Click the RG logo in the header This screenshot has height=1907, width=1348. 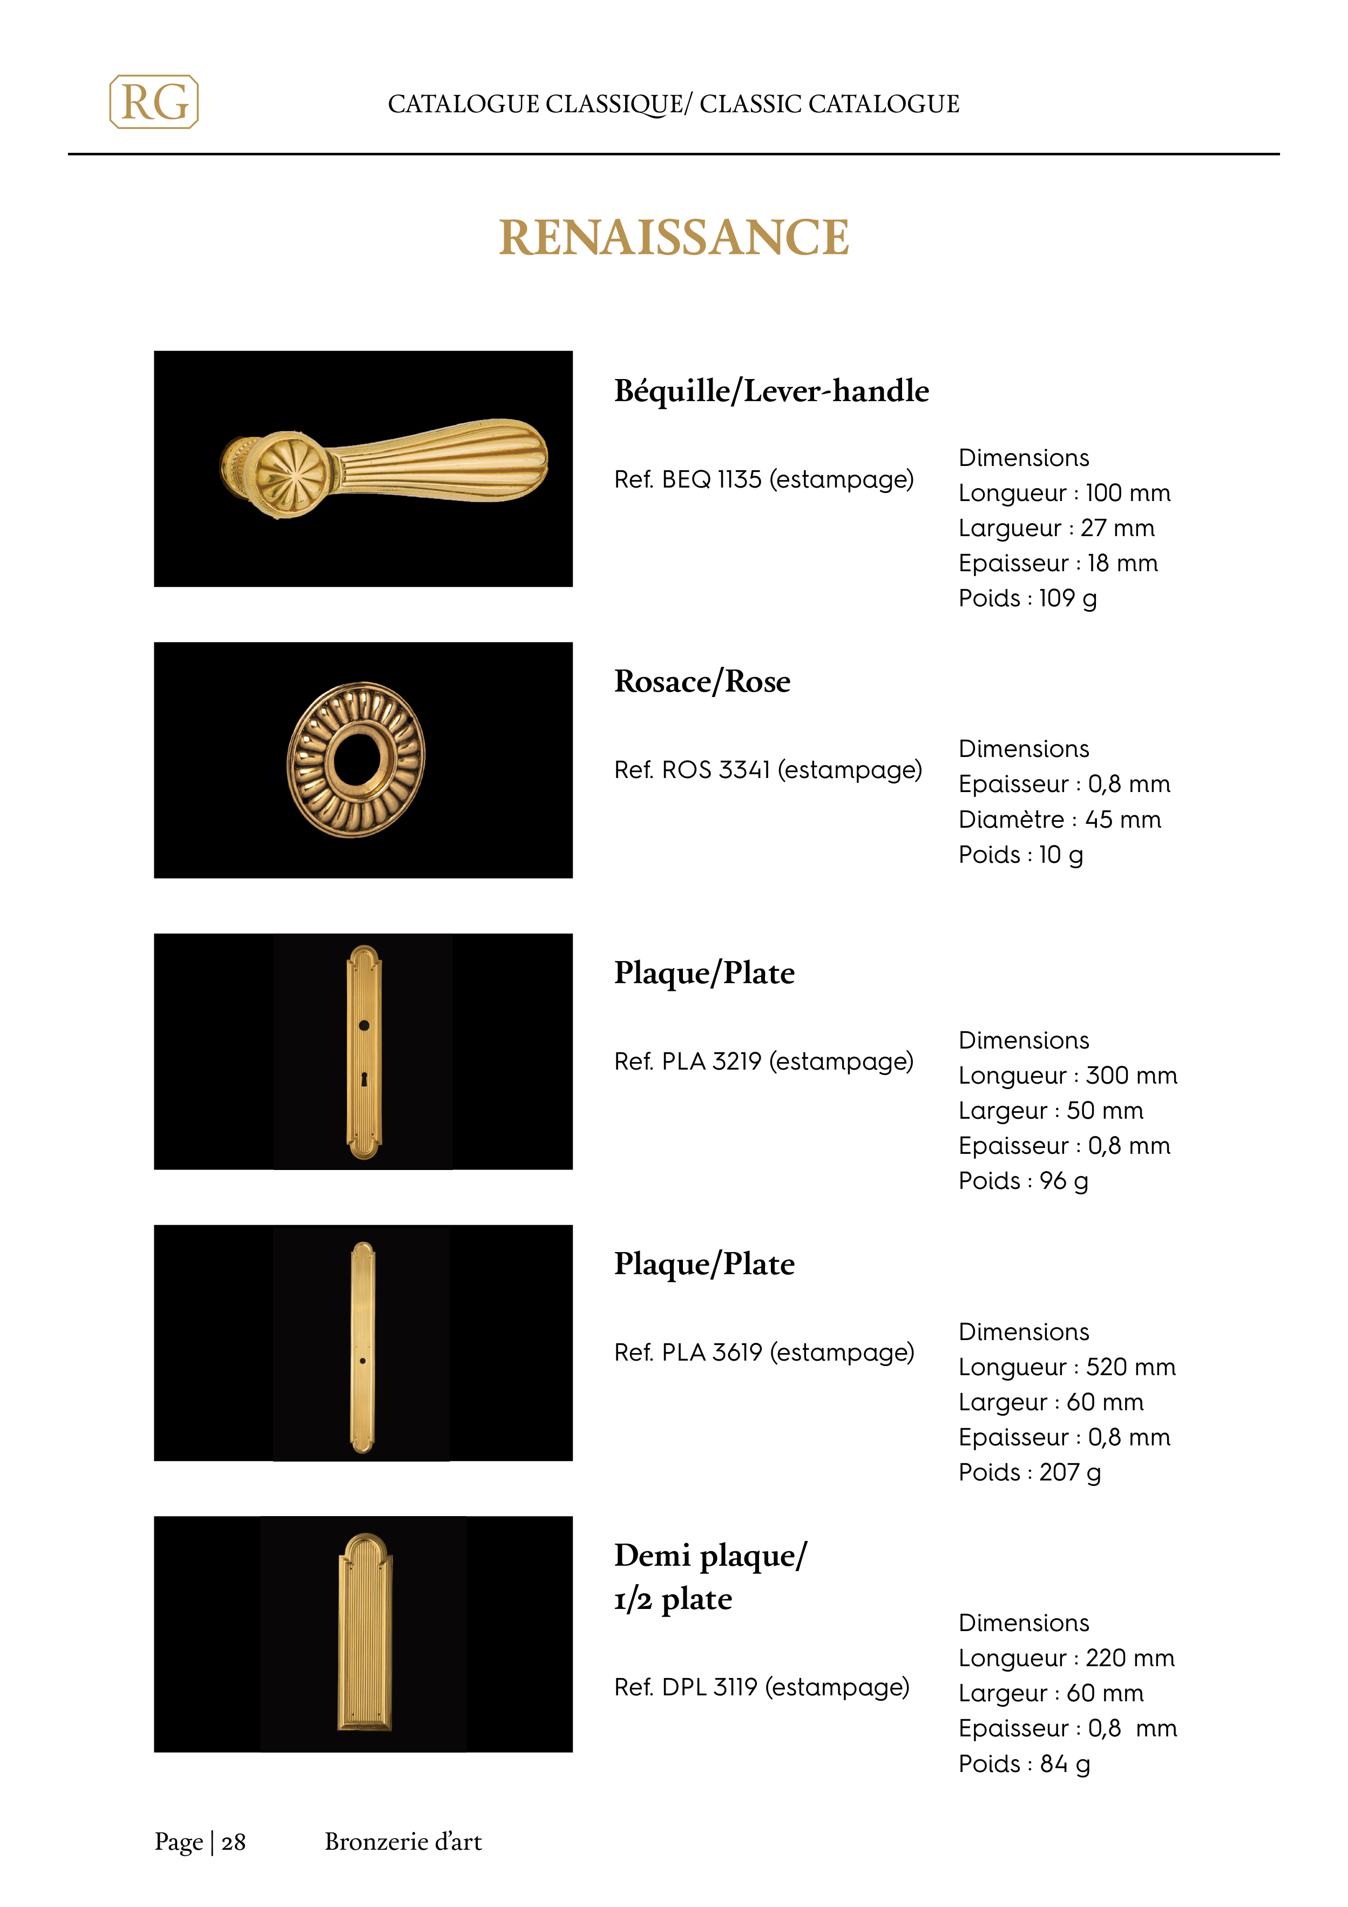154,102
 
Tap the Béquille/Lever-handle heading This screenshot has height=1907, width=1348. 771,391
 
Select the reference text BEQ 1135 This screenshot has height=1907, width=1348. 763,479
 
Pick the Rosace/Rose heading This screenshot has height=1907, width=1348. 702,682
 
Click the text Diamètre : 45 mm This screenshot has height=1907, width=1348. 1059,820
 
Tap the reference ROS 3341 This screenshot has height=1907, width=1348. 768,770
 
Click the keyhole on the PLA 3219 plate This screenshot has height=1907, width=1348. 364,1079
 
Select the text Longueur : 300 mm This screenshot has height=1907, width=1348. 1067,1076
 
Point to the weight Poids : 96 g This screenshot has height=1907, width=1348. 1022,1181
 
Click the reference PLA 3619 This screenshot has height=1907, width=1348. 763,1352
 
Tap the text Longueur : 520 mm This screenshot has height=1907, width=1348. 1066,1367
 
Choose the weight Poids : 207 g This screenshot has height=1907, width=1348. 1029,1472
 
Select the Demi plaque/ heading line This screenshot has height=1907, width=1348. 710,1556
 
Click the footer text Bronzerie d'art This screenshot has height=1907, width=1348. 403,1842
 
